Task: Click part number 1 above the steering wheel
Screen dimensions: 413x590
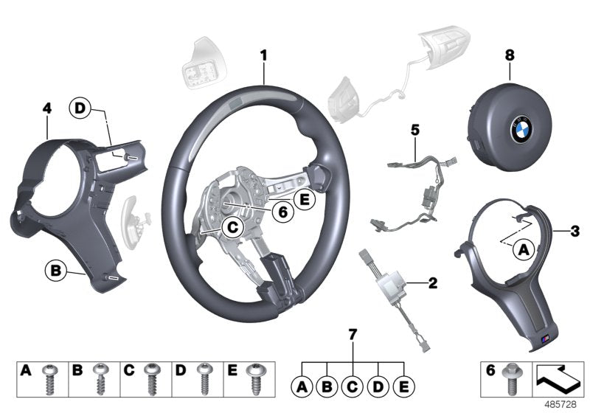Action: pos(263,55)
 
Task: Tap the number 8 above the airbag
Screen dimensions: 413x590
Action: pos(509,55)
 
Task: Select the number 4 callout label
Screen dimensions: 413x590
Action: pos(46,108)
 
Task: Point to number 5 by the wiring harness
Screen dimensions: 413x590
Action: pos(414,131)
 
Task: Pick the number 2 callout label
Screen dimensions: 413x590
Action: pos(432,282)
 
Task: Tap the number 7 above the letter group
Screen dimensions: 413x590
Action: pos(353,336)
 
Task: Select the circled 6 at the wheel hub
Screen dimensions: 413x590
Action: pos(282,211)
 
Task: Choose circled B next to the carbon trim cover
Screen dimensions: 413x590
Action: pos(55,270)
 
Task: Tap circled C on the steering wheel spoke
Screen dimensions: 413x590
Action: pos(232,229)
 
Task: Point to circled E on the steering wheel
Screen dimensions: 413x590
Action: pos(302,198)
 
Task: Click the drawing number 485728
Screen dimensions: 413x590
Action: pos(563,406)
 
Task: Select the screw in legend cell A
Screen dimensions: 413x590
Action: pos(50,381)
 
